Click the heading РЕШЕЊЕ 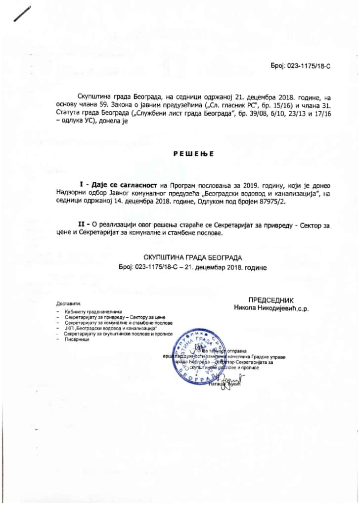pos(193,154)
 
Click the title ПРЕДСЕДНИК pos(270,299)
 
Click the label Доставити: pos(68,302)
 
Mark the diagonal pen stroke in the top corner pos(22,14)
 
